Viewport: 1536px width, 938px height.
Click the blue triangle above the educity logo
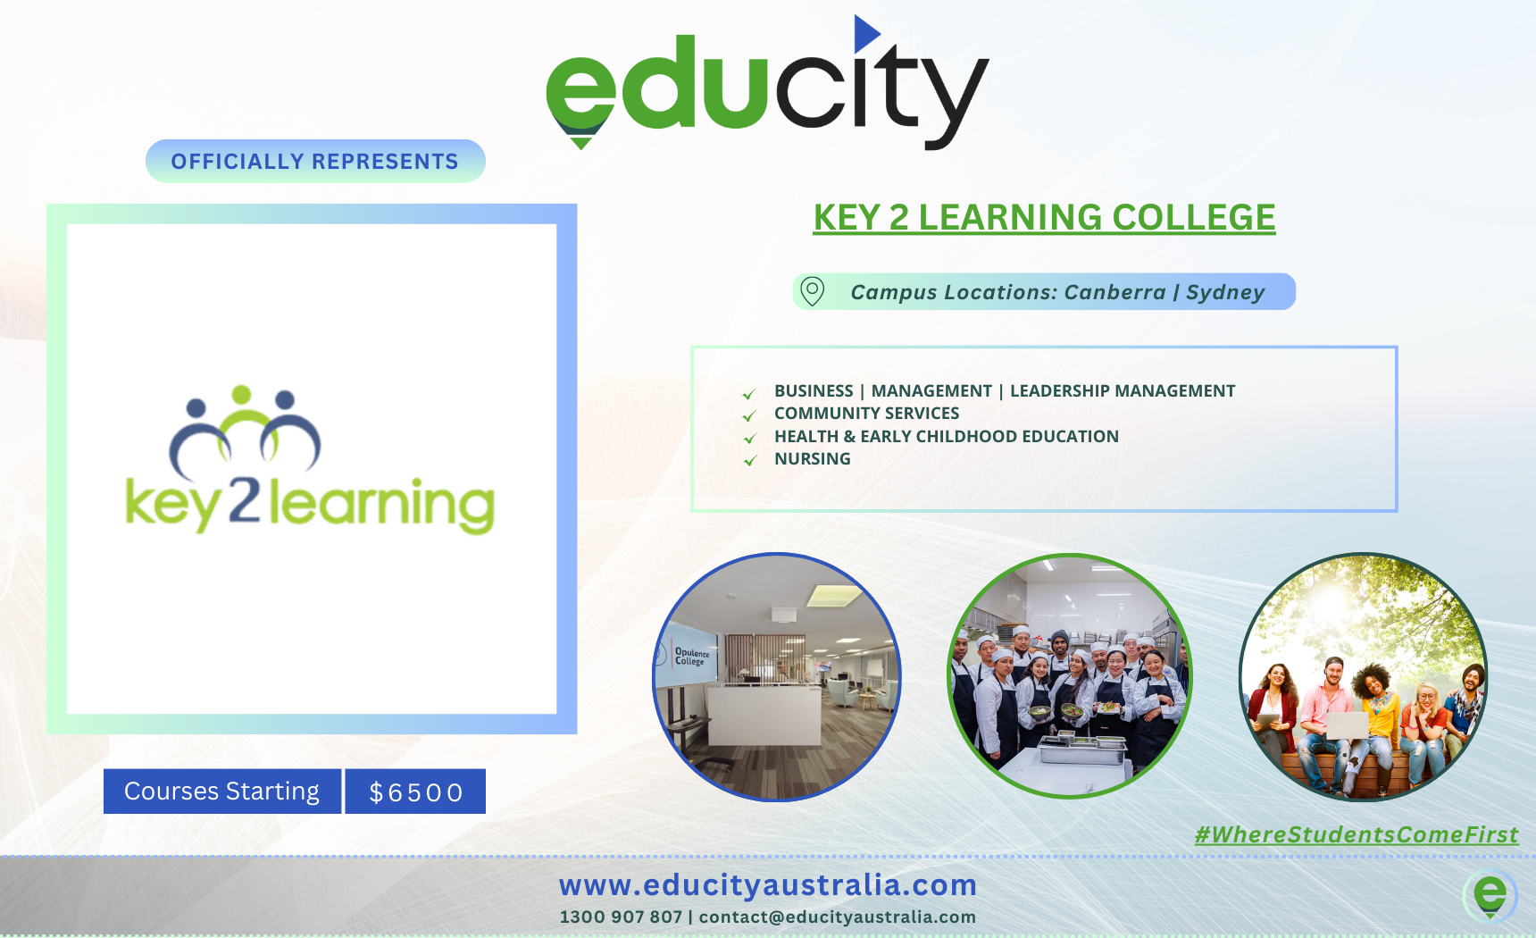coord(864,34)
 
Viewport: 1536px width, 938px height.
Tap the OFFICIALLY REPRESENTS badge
coord(315,161)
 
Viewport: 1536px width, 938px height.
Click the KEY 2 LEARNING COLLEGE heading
coord(1044,217)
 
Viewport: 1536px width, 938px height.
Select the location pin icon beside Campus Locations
coord(812,291)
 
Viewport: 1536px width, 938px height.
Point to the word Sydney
coord(1225,292)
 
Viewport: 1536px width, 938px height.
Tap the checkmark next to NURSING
coord(750,460)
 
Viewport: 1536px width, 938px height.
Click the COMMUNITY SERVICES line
coord(866,413)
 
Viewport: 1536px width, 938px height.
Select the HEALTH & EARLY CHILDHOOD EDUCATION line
coord(946,436)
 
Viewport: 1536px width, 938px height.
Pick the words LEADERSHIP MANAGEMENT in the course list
coord(1123,390)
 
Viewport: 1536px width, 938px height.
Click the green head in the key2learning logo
coord(241,395)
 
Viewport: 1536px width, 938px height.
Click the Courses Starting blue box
coord(222,791)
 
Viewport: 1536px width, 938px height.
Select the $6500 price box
coord(415,791)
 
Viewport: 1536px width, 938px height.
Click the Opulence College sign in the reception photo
coord(691,657)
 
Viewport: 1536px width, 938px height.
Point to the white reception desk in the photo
coord(764,714)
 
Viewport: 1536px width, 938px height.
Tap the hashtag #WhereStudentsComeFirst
coord(1357,834)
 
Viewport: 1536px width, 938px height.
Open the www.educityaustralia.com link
coord(768,885)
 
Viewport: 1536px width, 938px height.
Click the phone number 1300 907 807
coord(621,917)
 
